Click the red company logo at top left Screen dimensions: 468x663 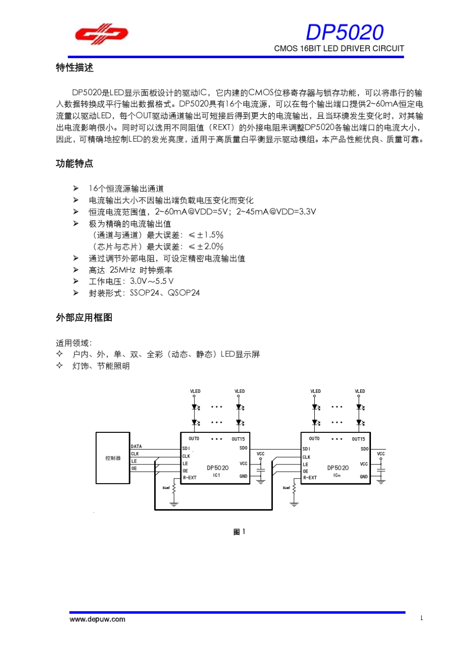(101, 34)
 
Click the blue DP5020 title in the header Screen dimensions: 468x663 (344, 33)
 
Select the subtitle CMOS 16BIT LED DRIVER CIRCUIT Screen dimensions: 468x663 (339, 48)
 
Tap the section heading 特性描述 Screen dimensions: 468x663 (74, 68)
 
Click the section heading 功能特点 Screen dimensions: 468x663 (74, 164)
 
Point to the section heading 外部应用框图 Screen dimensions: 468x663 (84, 318)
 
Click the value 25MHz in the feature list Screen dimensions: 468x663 (122, 270)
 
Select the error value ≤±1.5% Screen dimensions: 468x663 (206, 235)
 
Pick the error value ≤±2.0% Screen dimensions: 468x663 (206, 246)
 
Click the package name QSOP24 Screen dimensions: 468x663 (184, 293)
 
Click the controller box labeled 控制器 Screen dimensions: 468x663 (113, 458)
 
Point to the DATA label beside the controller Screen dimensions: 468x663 (136, 447)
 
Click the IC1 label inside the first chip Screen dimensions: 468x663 (217, 475)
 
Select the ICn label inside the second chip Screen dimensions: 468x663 (337, 475)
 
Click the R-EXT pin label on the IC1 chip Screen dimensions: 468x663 (190, 478)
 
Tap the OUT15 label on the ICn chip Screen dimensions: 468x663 (358, 439)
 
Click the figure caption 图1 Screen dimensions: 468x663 (239, 532)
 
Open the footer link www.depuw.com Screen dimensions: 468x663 (98, 620)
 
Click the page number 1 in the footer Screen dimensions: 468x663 (421, 618)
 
